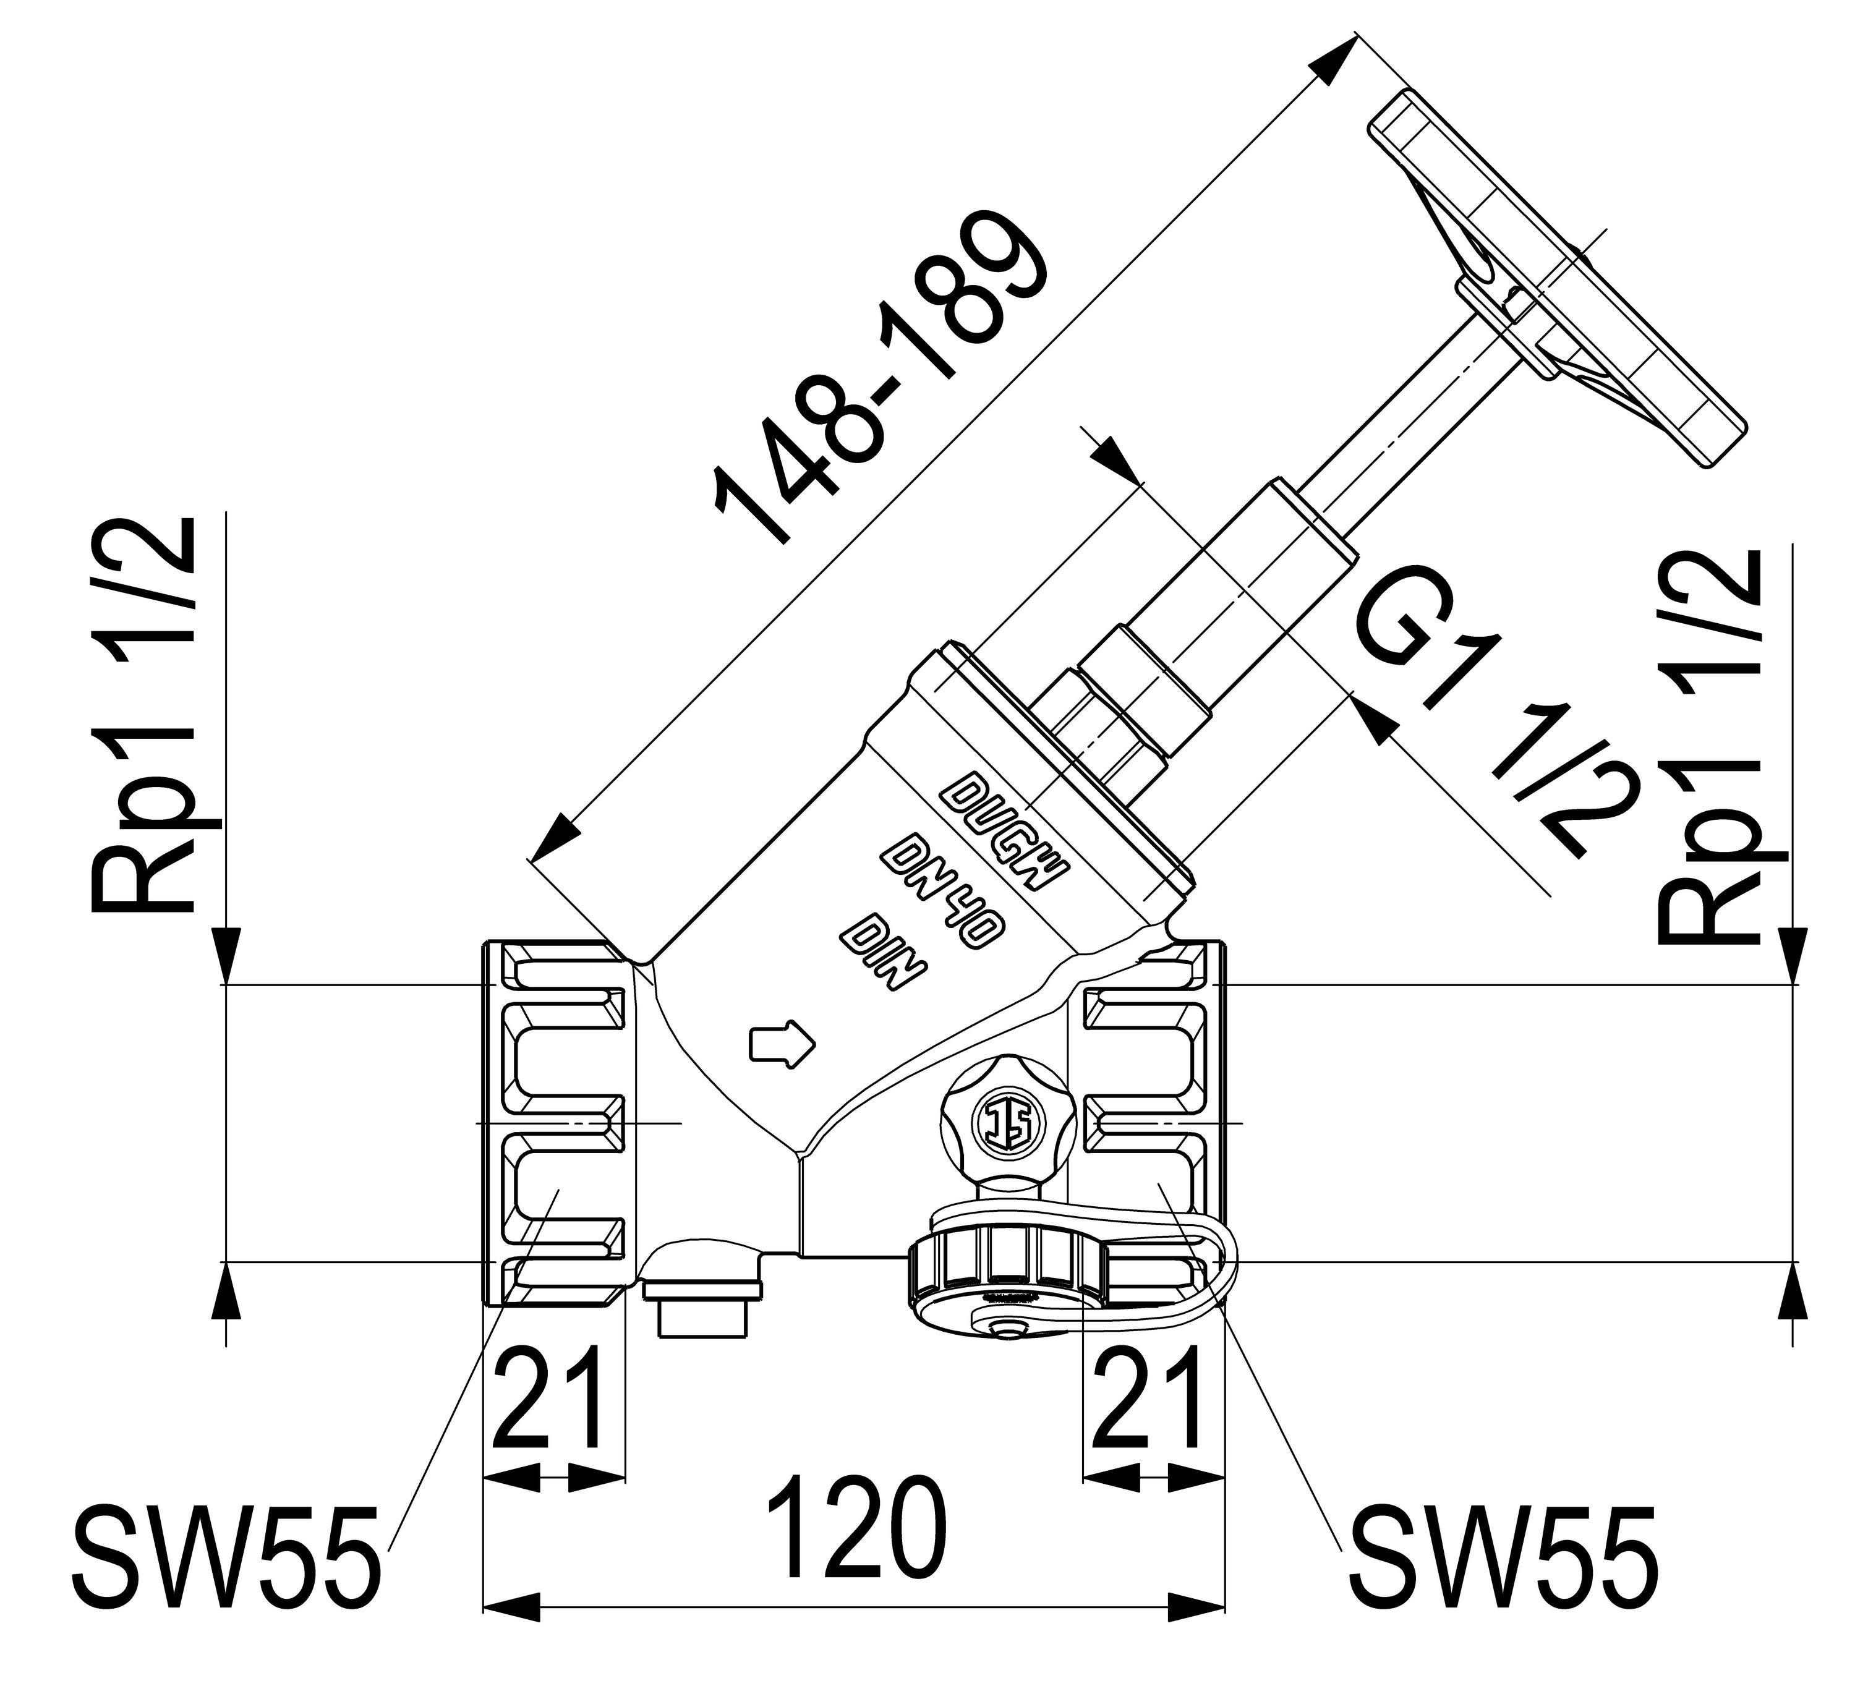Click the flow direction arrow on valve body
tap(783, 1043)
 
